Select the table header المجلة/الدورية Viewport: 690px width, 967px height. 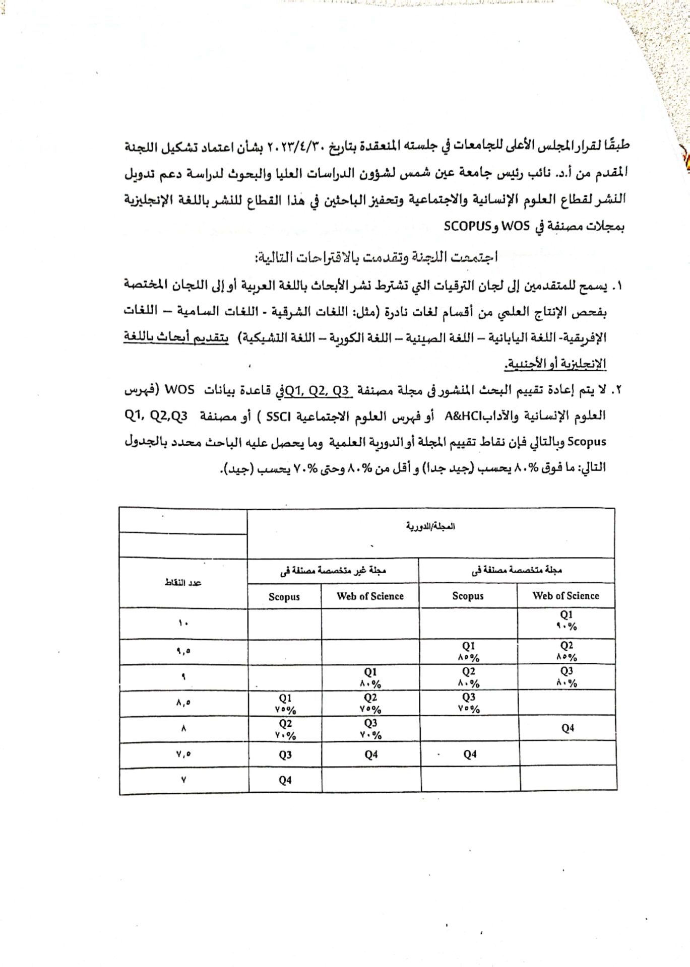click(430, 526)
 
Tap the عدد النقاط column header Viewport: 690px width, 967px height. click(182, 583)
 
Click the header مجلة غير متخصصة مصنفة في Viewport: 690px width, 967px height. click(333, 571)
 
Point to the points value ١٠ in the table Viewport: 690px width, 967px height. click(182, 624)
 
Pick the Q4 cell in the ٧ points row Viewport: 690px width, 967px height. click(285, 780)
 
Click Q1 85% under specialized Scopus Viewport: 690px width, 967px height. click(468, 651)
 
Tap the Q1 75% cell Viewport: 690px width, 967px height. click(285, 704)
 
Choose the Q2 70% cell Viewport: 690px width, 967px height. click(285, 729)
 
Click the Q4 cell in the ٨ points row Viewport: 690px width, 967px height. click(568, 728)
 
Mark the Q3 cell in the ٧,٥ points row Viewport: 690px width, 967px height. click(285, 755)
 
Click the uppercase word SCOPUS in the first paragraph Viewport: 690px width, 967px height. click(467, 226)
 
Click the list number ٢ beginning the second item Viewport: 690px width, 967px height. click(618, 390)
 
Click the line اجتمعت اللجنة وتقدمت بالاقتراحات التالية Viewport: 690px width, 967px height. click(376, 257)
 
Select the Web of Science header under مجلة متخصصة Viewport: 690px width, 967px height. click(566, 596)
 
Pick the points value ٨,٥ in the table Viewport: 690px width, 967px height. click(183, 703)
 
